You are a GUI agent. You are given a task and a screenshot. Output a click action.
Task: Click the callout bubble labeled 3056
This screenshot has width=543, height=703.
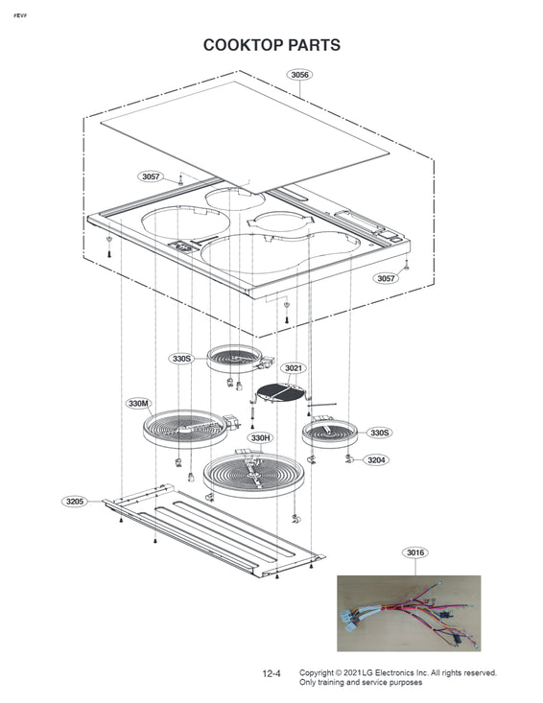point(299,75)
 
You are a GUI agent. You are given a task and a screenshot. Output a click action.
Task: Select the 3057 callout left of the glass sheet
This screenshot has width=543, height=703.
point(151,176)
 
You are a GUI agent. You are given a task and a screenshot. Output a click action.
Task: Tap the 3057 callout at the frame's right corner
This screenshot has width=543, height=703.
point(386,278)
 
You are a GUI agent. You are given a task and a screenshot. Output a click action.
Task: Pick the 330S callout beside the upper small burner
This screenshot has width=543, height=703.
point(181,359)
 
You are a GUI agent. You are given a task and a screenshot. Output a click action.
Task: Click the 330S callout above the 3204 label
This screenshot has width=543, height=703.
point(379,433)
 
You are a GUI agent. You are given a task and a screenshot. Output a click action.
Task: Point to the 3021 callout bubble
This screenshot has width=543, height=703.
point(294,368)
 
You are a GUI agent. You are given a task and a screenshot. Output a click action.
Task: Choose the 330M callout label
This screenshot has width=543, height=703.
point(138,404)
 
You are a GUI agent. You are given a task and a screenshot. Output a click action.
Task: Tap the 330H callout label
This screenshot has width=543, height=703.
point(260,437)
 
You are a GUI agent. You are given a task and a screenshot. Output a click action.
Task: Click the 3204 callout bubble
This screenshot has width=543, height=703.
point(376,460)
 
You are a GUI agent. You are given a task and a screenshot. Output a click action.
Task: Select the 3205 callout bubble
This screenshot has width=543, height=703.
point(75,502)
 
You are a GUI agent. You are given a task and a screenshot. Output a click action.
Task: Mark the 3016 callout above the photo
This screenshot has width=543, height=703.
point(415,552)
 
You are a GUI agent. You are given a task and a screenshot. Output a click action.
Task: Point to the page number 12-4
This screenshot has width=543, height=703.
point(271,674)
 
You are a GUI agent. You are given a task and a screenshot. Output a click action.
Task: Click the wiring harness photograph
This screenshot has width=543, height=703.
point(409,614)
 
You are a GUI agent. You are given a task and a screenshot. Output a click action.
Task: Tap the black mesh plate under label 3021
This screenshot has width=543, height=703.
point(280,393)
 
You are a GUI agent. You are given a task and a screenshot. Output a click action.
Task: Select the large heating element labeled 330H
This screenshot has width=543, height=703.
point(254,476)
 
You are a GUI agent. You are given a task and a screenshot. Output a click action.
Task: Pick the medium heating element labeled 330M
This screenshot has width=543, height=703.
point(185,429)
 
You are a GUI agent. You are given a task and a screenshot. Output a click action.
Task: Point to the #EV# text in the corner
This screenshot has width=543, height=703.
point(19,15)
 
